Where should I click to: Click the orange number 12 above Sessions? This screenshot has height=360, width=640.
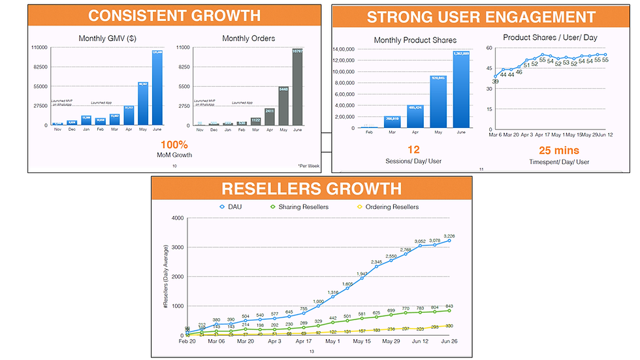point(413,150)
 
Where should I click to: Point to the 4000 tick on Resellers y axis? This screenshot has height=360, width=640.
point(177,218)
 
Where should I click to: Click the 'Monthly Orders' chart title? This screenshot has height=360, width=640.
point(249,38)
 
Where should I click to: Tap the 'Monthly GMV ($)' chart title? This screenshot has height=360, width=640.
point(107,38)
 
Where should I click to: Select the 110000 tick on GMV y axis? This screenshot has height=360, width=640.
point(40,48)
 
